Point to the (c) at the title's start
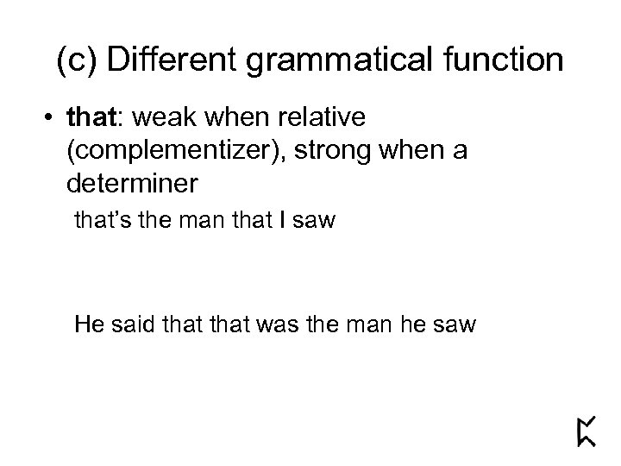tap(76, 62)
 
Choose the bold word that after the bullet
tap(86, 116)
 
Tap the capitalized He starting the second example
tap(89, 326)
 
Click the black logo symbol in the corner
tap(586, 430)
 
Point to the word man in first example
tap(209, 222)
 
